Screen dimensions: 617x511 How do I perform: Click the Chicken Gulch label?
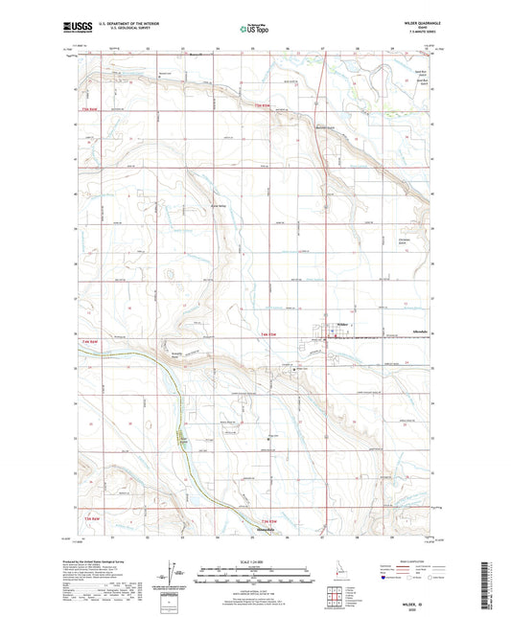[x=406, y=238]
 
